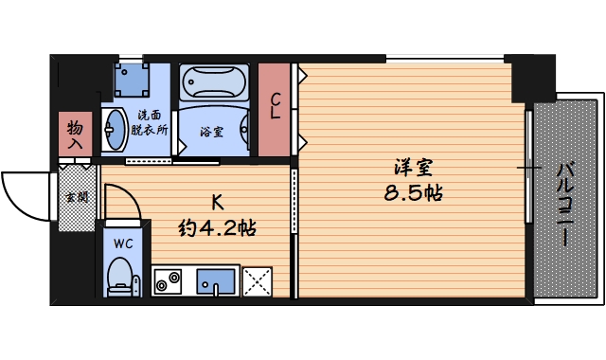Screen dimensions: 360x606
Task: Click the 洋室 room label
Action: point(414,168)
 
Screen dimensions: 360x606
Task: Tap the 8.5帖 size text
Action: point(414,193)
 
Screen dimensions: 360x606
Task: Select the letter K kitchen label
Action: point(217,202)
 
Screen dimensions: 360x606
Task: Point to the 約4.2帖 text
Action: point(218,227)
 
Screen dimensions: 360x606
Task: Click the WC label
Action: point(122,243)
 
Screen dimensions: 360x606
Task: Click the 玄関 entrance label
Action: point(75,197)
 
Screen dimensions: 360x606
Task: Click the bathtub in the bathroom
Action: point(213,85)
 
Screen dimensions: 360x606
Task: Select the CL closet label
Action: point(276,106)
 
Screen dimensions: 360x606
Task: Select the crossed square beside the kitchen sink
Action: point(257,282)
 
